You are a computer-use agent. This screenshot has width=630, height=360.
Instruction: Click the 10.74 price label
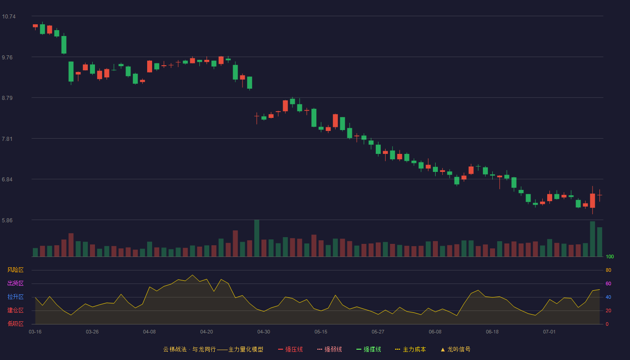click(9, 17)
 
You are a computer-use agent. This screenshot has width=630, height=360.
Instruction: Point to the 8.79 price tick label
click(7, 98)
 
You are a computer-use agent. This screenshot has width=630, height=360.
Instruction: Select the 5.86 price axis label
click(7, 220)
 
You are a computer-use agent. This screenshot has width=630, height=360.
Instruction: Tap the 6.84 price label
click(7, 180)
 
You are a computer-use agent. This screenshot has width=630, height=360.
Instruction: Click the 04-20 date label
click(207, 332)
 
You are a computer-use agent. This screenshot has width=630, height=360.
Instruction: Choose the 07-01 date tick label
click(549, 332)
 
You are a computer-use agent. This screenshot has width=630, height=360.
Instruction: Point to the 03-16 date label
click(35, 332)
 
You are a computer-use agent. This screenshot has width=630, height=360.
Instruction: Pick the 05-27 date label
click(378, 332)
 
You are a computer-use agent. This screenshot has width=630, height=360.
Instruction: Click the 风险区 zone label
click(15, 270)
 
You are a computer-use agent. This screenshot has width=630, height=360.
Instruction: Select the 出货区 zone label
click(15, 283)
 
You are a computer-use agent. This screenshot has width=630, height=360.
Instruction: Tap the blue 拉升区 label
click(15, 297)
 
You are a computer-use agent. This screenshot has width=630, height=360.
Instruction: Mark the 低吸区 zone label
click(15, 324)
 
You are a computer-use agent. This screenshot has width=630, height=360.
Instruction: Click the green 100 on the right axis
click(610, 256)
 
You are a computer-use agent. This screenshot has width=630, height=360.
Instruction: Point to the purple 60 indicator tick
click(608, 283)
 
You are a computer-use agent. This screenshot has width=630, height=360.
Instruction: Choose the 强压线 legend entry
click(291, 349)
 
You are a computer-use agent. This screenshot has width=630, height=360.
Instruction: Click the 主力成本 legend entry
click(410, 349)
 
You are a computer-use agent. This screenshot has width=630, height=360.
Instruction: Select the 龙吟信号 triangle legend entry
click(455, 349)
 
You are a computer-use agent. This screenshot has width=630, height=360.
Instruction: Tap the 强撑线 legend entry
click(369, 349)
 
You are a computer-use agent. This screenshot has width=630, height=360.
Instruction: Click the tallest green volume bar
click(257, 238)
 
